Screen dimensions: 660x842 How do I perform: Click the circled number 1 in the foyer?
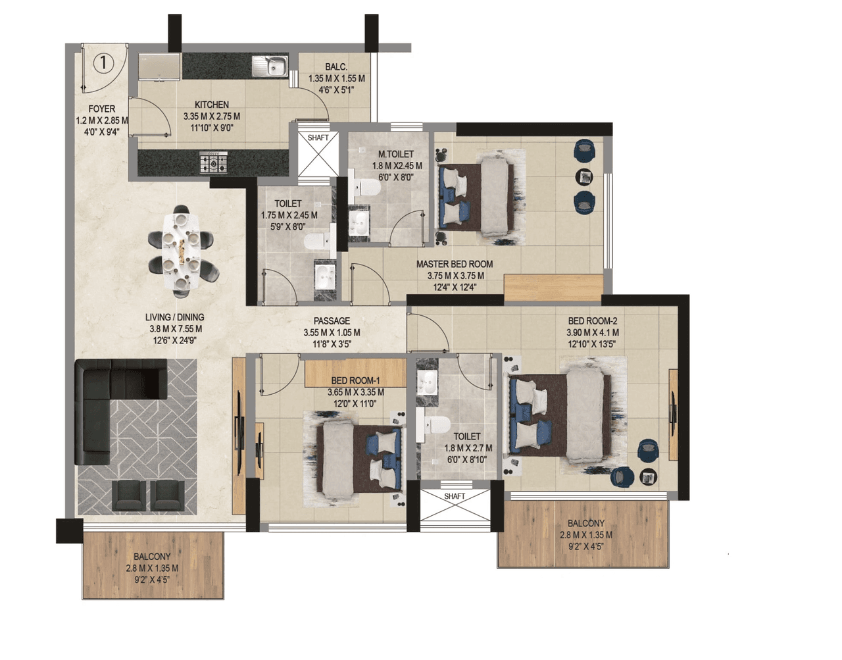(x=103, y=63)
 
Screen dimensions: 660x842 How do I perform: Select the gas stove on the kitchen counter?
(x=214, y=162)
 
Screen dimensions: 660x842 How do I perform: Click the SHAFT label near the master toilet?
(x=318, y=138)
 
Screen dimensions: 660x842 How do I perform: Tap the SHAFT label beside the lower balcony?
(x=455, y=496)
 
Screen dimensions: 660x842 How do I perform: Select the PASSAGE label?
(x=332, y=321)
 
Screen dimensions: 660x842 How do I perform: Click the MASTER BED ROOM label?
(x=455, y=264)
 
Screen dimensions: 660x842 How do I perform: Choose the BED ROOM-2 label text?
(x=592, y=321)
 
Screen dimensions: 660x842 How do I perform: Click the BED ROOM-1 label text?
(x=355, y=380)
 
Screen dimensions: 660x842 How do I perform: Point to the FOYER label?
(x=102, y=109)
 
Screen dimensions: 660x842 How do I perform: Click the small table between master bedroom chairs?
(x=584, y=176)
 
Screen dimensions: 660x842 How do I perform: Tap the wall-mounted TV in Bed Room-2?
(x=672, y=411)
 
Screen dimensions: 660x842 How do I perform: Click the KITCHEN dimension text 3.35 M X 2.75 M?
(x=212, y=116)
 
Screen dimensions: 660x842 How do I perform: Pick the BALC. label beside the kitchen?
(x=336, y=67)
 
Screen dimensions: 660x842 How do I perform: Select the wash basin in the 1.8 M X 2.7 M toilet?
(x=428, y=382)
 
